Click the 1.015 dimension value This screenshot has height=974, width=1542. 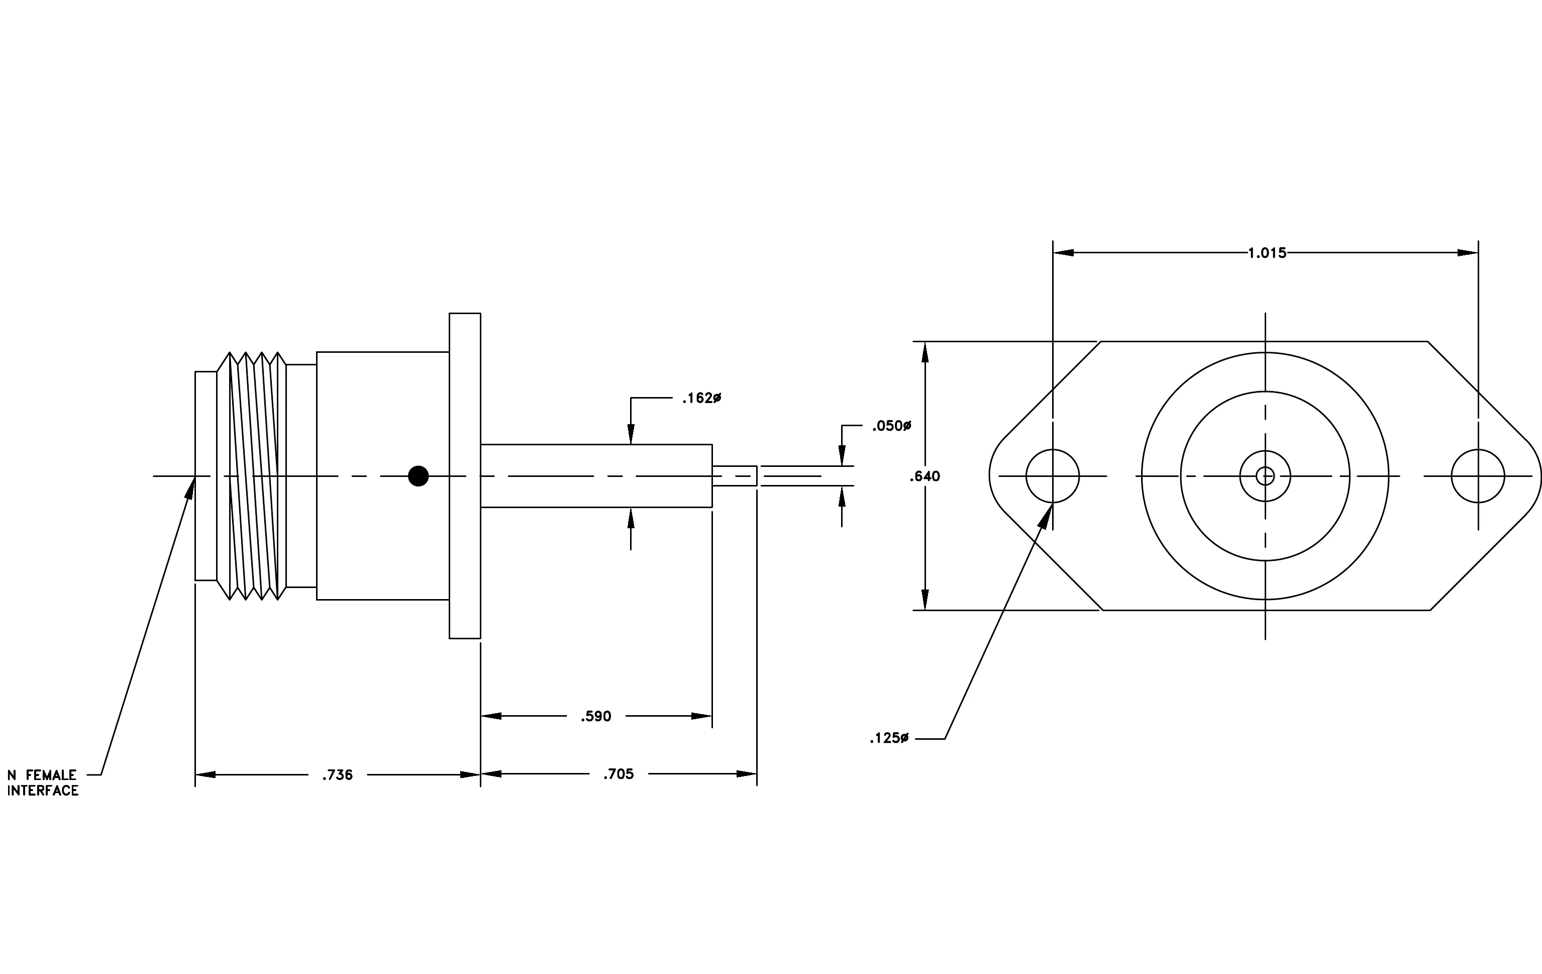pos(1267,253)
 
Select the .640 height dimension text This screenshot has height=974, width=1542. pos(924,476)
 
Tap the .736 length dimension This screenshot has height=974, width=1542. pos(338,775)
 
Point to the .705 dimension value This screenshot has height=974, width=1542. pos(619,774)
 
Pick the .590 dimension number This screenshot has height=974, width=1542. pos(596,717)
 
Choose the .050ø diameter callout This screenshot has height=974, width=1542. pos(892,426)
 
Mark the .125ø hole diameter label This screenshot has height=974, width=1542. pos(889,738)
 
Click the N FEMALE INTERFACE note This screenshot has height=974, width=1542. pos(43,783)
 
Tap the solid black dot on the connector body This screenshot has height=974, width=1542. pos(418,476)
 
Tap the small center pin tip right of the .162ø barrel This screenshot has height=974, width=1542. pos(735,476)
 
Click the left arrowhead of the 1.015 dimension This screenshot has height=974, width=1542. pos(1063,253)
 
